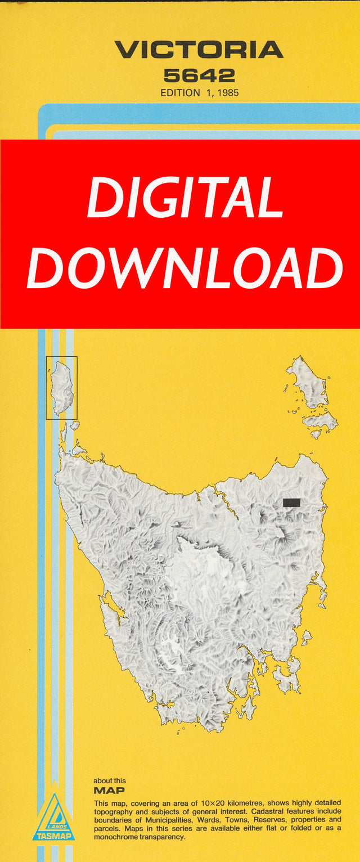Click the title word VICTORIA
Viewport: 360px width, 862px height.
coord(199,50)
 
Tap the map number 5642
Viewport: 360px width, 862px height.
coord(199,75)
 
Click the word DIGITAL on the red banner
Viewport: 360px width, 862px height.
coord(185,198)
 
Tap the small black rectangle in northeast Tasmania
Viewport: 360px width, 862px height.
coord(291,502)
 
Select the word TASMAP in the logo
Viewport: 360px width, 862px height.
coord(53,836)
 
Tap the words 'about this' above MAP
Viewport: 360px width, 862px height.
coord(110,780)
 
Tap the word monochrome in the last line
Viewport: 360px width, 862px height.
coord(118,838)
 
